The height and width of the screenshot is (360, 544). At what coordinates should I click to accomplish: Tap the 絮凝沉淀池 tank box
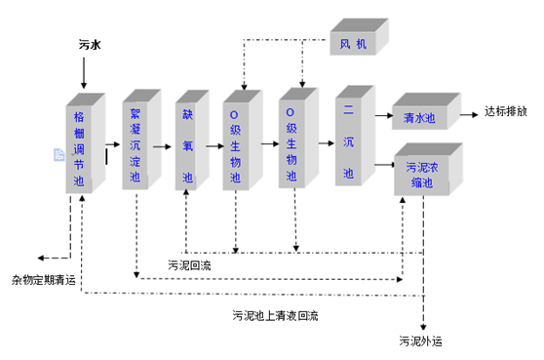pyautogui.click(x=136, y=143)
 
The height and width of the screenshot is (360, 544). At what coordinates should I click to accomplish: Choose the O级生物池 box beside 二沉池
pyautogui.click(x=292, y=143)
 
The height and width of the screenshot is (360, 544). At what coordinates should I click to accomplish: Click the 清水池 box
pyautogui.click(x=421, y=117)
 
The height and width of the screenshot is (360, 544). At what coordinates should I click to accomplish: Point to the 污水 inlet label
pyautogui.click(x=89, y=44)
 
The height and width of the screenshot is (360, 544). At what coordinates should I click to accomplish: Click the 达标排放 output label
pyautogui.click(x=506, y=111)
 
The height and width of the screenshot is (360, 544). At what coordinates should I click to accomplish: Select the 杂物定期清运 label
pyautogui.click(x=44, y=279)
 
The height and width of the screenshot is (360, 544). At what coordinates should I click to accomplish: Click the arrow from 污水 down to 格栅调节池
pyautogui.click(x=85, y=73)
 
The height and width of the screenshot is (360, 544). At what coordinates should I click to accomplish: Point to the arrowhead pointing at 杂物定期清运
pyautogui.click(x=43, y=259)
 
